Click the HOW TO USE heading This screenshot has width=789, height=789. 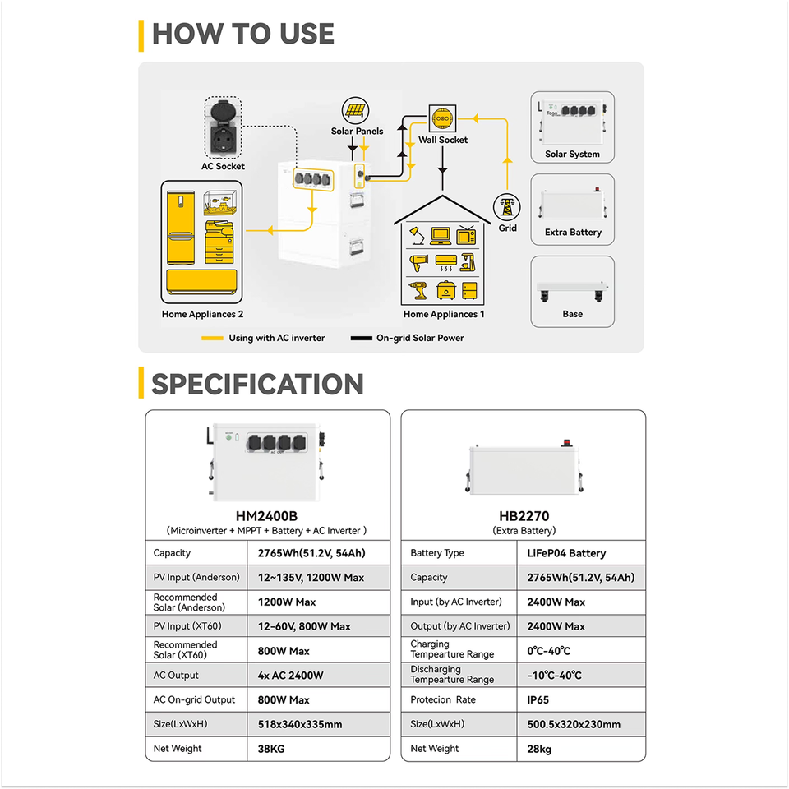coord(243,34)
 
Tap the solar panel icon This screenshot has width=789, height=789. coord(355,111)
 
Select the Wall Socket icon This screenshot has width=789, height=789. coord(442,118)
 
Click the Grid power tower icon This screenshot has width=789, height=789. coord(507,206)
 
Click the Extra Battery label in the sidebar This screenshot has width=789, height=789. coord(573,233)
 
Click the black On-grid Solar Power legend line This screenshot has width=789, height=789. coord(361,338)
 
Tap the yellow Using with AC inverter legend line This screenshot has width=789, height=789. coord(212,338)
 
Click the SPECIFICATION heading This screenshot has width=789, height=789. coord(257,385)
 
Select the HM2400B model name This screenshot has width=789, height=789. coord(266,517)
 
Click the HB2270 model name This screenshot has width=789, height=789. coord(524,517)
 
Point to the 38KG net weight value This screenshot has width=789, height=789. coord(270,749)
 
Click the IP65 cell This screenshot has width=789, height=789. coord(538,700)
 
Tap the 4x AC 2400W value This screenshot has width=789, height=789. coord(290,676)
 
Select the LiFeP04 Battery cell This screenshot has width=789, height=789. coord(566,553)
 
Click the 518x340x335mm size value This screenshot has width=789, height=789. coord(300,724)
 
